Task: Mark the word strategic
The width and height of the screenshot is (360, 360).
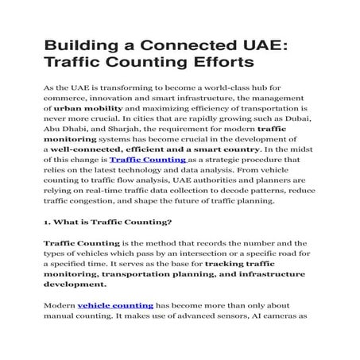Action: tap(226, 160)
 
